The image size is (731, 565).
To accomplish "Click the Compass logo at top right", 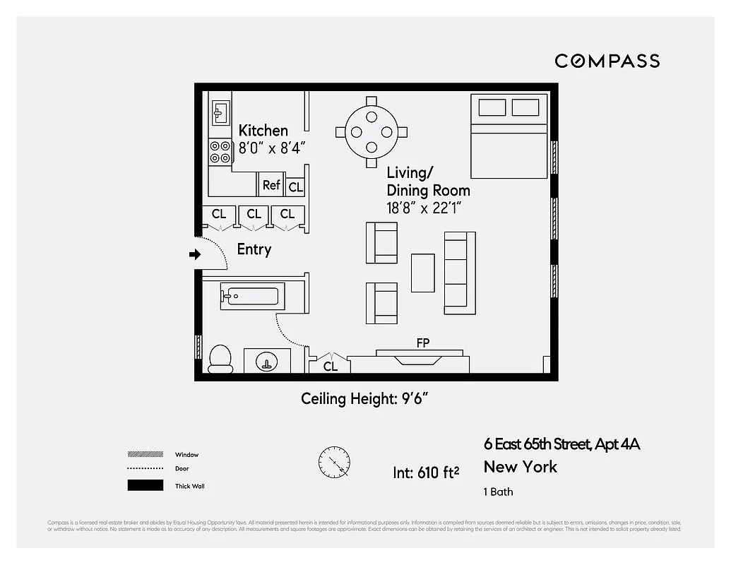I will pyautogui.click(x=607, y=61).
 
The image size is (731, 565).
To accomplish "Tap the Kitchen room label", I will pyautogui.click(x=263, y=131).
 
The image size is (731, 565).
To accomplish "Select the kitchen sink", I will pyautogui.click(x=220, y=112).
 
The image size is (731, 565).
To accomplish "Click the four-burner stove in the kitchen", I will pyautogui.click(x=220, y=151).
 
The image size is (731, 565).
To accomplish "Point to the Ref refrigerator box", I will pyautogui.click(x=271, y=185).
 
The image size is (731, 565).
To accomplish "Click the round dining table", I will pyautogui.click(x=372, y=132).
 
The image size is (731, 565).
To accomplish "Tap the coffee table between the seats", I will pyautogui.click(x=423, y=273).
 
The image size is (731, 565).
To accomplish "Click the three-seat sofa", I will pyautogui.click(x=459, y=273).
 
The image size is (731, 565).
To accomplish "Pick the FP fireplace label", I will pyautogui.click(x=423, y=343).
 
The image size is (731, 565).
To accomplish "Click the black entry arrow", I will pyautogui.click(x=195, y=255).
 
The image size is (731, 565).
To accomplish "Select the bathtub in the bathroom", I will pyautogui.click(x=252, y=296).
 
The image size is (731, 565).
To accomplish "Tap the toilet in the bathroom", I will pyautogui.click(x=221, y=359).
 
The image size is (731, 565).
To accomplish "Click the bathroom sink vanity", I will pyautogui.click(x=267, y=360).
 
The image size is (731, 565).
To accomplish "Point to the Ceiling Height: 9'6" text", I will pyautogui.click(x=365, y=399).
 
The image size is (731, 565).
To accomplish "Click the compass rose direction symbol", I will pyautogui.click(x=333, y=464).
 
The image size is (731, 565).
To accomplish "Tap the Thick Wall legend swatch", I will pyautogui.click(x=145, y=486).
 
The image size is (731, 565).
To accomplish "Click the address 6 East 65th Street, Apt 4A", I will pyautogui.click(x=561, y=444).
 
